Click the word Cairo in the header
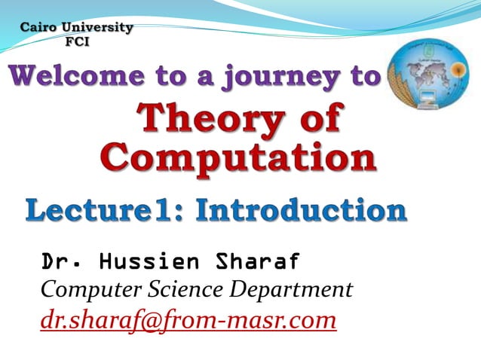click(x=41, y=28)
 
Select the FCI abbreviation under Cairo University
click(x=77, y=41)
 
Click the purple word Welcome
click(x=71, y=77)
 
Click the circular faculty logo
click(x=425, y=75)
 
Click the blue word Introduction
click(x=301, y=210)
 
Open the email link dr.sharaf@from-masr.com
click(x=188, y=320)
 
